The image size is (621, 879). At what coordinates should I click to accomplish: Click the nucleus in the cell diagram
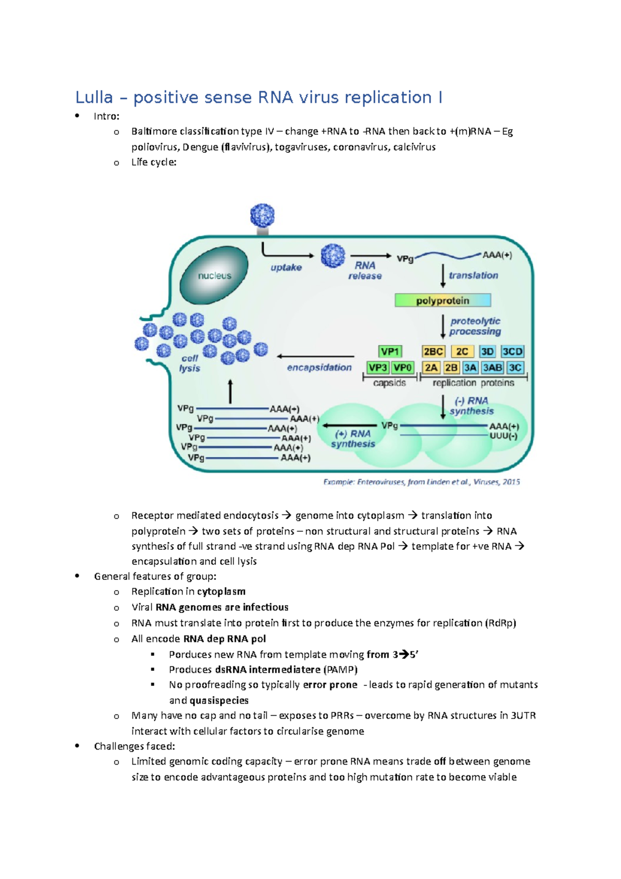point(214,275)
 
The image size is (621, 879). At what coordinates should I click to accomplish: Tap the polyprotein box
point(442,300)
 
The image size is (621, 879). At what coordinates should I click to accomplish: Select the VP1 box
point(390,351)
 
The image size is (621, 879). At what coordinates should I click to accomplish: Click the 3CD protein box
point(512,351)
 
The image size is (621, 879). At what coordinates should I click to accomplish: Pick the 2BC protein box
point(433,351)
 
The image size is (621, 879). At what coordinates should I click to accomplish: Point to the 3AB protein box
point(492,368)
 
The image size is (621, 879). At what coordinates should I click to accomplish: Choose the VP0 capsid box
point(403,368)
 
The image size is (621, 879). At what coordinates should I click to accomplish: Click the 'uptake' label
point(286,267)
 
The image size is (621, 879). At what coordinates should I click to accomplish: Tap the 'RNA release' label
point(365,270)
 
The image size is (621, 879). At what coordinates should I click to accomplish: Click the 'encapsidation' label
point(319,367)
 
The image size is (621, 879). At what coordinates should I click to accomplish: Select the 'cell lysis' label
point(189,363)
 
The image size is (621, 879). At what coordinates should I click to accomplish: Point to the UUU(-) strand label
point(503,436)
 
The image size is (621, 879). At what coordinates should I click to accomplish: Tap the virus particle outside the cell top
point(262,215)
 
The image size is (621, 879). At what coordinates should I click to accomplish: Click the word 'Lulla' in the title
point(94,97)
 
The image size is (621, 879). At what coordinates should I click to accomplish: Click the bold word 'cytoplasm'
point(221,591)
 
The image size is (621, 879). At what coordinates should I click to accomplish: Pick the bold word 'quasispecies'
point(219,700)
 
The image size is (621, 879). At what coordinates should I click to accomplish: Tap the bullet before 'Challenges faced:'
point(77,745)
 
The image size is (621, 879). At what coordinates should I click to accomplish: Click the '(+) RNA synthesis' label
point(353,438)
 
